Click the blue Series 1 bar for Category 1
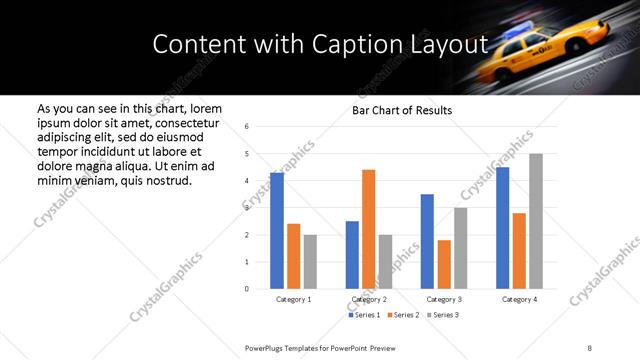coord(277,231)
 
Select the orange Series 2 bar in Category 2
coord(368,229)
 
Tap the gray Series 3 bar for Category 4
coord(535,221)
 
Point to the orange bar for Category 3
coord(444,264)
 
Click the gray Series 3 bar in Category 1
coord(310,262)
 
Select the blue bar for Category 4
coord(502,228)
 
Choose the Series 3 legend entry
coord(444,315)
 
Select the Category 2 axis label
coord(369,299)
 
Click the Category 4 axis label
coord(518,299)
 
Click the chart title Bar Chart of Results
coord(402,110)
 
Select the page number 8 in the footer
coord(590,346)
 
